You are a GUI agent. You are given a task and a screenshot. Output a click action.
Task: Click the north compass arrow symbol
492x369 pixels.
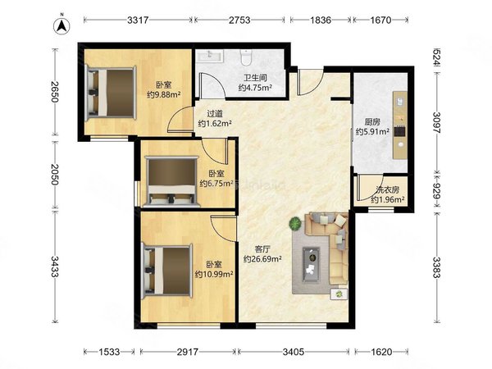[62, 25]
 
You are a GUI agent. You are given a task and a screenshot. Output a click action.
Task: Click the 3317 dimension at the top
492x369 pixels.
[138, 20]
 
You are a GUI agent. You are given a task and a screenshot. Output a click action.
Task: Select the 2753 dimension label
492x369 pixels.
[239, 20]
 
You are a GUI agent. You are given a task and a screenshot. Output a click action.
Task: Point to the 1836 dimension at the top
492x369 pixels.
[321, 20]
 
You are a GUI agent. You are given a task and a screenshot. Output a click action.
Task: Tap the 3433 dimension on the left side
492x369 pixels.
[55, 266]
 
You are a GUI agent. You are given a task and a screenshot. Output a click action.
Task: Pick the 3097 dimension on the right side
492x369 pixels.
[436, 122]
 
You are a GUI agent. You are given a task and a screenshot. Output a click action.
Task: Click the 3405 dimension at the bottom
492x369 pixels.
[293, 352]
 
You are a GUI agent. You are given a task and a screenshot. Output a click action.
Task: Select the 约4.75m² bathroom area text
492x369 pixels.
[255, 88]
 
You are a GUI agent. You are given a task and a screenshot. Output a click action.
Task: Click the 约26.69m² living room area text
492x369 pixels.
[262, 259]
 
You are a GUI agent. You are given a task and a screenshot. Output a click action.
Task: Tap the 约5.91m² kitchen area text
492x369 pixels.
[372, 131]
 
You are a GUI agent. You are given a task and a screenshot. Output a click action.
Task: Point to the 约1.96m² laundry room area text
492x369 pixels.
[388, 199]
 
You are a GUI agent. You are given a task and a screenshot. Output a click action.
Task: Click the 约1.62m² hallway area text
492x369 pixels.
[215, 123]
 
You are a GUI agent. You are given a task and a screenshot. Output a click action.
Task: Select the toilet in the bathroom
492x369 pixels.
[245, 57]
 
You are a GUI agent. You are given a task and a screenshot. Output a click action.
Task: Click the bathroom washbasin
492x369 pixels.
[210, 56]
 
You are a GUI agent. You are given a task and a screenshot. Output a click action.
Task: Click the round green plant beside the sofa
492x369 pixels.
[295, 223]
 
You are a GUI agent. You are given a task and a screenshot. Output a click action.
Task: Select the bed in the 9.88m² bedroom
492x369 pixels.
[112, 93]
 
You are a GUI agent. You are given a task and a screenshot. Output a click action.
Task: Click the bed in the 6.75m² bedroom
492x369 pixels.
[171, 182]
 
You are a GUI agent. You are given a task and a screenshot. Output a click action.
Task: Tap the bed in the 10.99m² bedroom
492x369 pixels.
[167, 271]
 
